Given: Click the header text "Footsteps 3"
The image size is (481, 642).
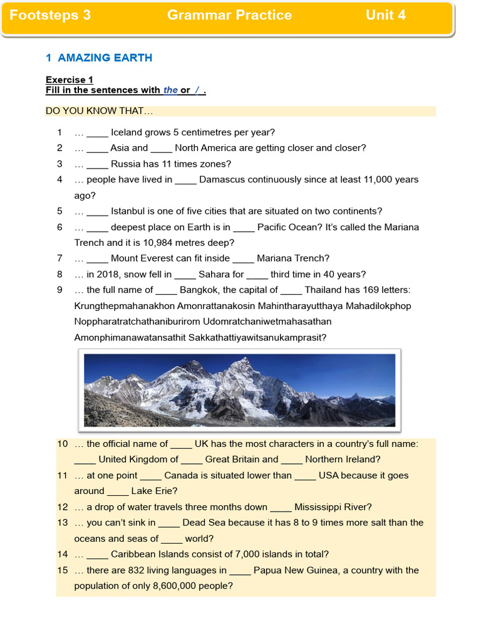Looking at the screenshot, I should pos(50,15).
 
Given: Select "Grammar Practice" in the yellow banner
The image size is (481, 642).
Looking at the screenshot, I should pos(229,15).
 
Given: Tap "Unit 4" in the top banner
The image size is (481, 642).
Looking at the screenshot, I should pos(385,15).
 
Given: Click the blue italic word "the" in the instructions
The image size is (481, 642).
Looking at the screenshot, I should pos(171,90).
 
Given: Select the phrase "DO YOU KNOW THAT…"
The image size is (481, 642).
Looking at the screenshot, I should pos(99,112).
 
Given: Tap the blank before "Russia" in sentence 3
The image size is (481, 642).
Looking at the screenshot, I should pos(97,164).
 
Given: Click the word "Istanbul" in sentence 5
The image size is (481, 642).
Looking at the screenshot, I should pos(129,211).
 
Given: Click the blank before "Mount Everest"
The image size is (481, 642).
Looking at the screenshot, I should pos(97,258).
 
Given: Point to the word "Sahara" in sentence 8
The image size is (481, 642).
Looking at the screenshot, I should pos(214,274).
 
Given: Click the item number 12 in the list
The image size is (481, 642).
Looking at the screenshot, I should pos(62,507).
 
